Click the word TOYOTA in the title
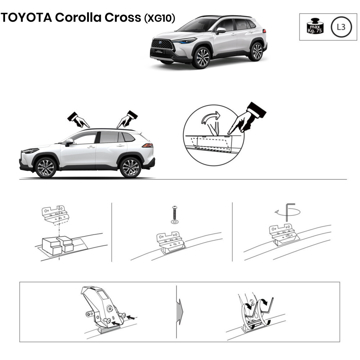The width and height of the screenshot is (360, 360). click(26, 17)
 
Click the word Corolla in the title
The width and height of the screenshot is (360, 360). click(78, 17)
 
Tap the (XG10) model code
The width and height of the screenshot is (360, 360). click(159, 18)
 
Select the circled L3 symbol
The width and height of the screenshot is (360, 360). click(341, 27)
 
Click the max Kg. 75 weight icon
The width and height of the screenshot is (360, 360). click(315, 26)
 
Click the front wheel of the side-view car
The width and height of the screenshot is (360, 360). click(45, 167)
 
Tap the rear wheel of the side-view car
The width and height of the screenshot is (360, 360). click(130, 167)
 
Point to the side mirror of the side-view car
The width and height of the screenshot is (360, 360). click(69, 142)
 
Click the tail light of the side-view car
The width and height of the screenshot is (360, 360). click(148, 145)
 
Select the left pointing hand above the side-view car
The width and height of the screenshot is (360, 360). click(78, 120)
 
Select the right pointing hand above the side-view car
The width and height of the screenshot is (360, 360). click(127, 119)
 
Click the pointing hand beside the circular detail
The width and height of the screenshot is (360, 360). click(247, 118)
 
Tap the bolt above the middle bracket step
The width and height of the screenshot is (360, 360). click(175, 212)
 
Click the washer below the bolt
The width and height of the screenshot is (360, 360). click(175, 221)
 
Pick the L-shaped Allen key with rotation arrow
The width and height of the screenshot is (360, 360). click(287, 212)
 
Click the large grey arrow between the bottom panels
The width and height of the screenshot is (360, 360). click(180, 312)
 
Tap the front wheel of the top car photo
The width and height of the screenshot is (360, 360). click(201, 58)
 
